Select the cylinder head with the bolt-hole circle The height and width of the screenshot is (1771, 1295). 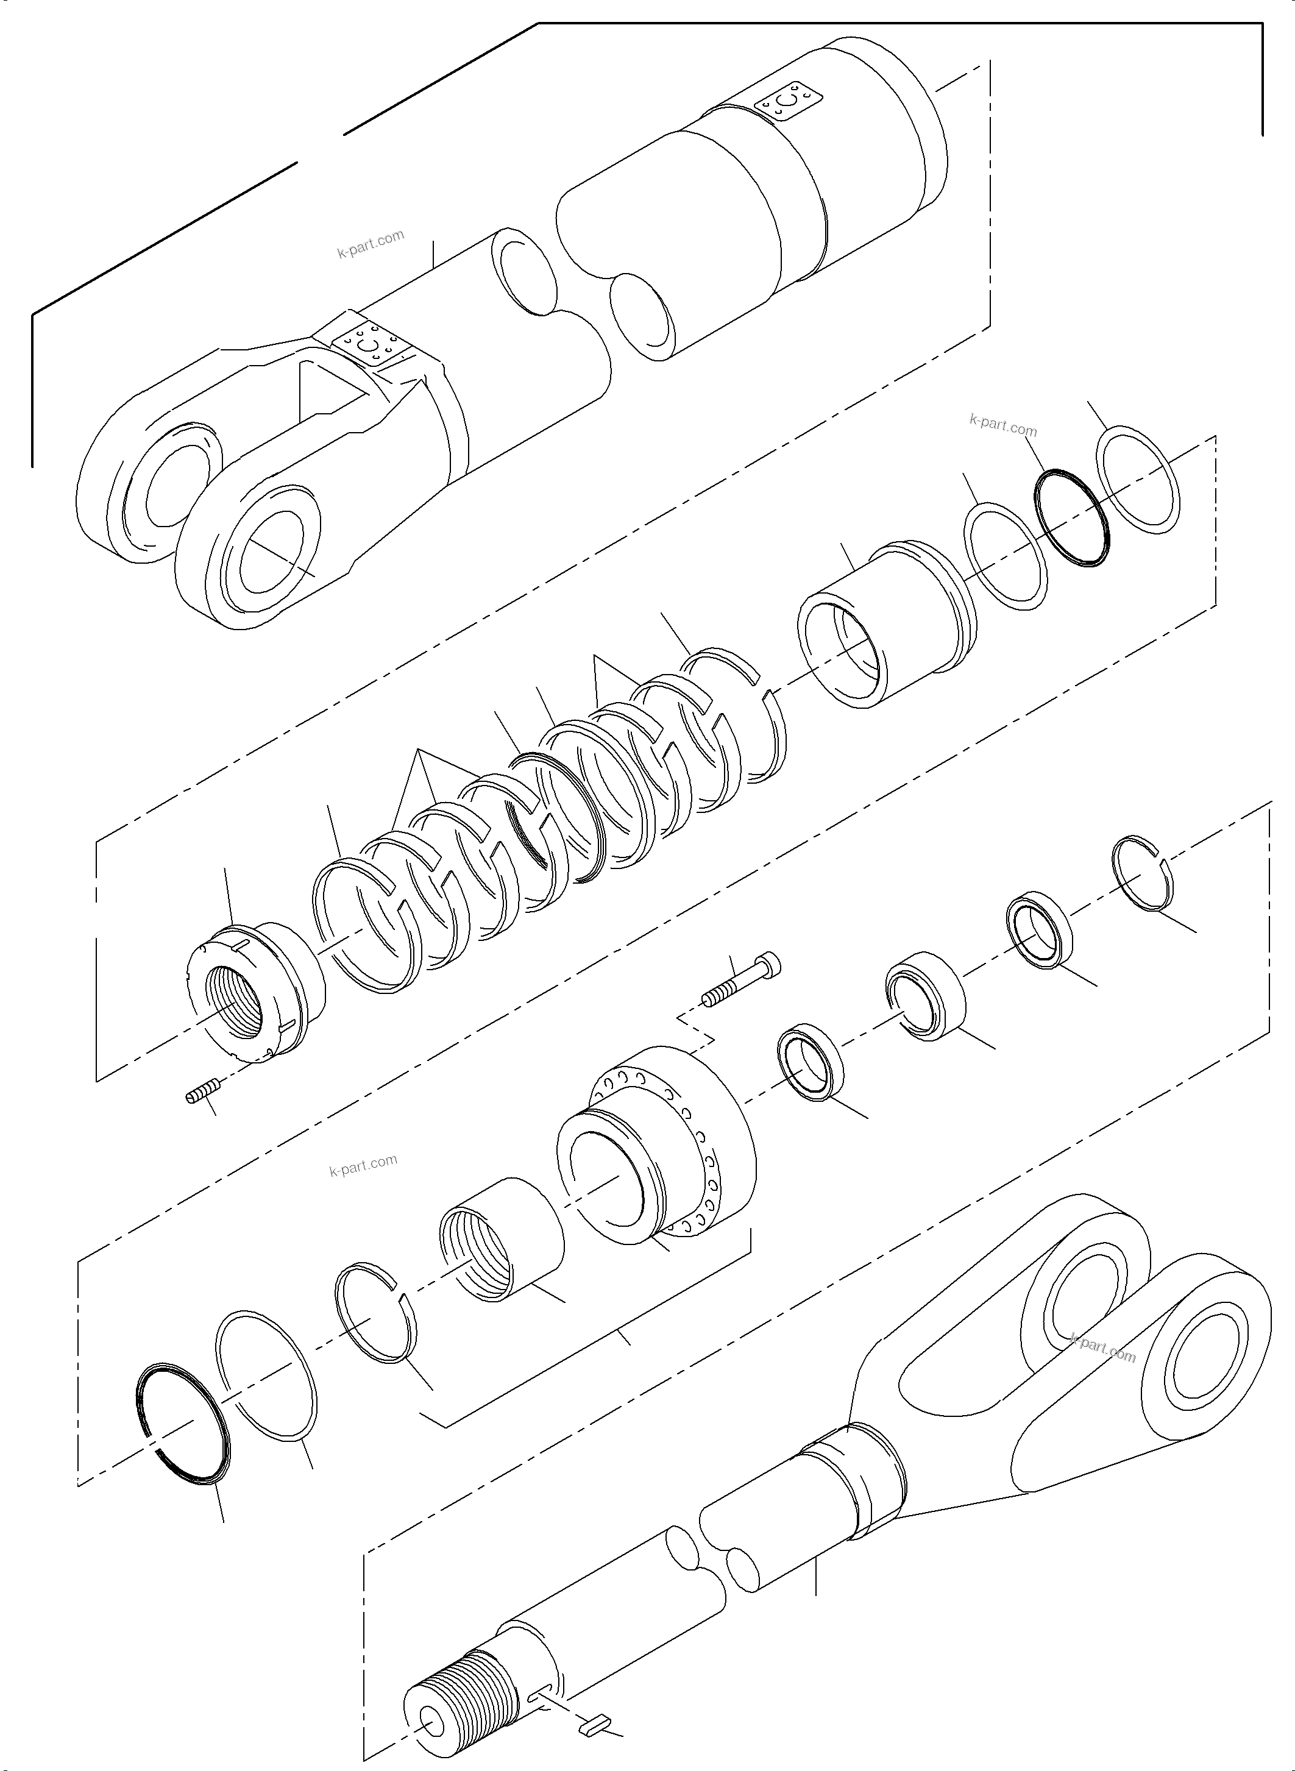(659, 1145)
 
